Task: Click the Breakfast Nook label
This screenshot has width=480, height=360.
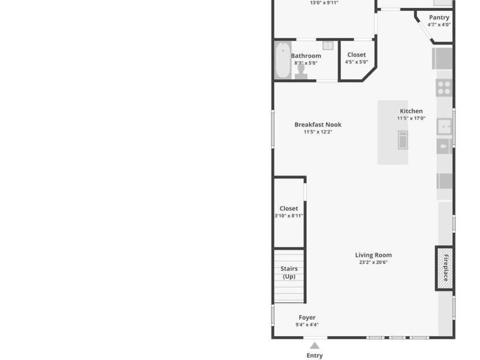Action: click(318, 125)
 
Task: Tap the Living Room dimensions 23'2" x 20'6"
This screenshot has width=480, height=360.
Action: click(373, 262)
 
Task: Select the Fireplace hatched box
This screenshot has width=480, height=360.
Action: click(445, 268)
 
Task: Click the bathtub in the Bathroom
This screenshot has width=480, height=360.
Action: click(283, 60)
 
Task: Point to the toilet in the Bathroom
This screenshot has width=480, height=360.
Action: click(301, 72)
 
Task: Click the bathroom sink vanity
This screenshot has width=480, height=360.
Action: click(328, 46)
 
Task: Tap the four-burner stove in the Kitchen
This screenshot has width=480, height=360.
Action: click(444, 88)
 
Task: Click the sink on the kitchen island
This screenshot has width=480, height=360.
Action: click(403, 140)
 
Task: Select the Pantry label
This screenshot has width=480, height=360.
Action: click(439, 18)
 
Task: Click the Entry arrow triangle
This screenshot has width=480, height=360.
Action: click(314, 346)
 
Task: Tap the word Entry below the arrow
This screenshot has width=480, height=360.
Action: click(314, 355)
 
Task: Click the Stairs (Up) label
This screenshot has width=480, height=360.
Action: click(289, 272)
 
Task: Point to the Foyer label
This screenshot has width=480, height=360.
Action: click(307, 317)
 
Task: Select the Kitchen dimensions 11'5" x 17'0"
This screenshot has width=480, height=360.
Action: click(411, 118)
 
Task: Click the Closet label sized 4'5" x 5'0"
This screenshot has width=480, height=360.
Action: click(356, 55)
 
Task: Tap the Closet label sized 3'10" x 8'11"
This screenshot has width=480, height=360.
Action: click(289, 208)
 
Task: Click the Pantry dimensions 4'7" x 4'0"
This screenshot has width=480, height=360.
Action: click(439, 24)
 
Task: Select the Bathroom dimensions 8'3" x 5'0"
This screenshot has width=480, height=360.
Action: click(306, 63)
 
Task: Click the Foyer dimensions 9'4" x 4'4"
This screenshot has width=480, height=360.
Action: click(307, 325)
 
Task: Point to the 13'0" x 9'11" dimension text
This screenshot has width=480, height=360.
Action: click(324, 3)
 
